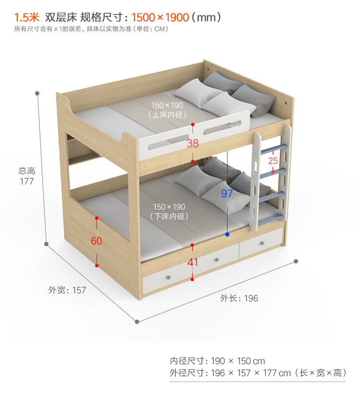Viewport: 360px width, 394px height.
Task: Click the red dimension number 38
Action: click(x=192, y=143)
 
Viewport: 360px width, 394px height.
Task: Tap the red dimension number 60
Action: click(x=96, y=241)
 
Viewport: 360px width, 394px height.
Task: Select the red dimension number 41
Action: click(x=192, y=262)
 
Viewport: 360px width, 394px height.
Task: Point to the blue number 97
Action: click(x=227, y=194)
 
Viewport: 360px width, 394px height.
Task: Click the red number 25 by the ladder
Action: click(x=273, y=160)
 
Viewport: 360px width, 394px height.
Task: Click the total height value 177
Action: click(x=27, y=181)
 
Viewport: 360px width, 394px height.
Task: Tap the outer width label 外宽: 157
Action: click(x=67, y=290)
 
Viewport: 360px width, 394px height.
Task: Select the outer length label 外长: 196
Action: click(x=239, y=298)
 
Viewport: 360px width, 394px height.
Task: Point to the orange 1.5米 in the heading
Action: click(x=26, y=18)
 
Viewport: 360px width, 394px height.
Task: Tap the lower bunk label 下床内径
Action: click(x=168, y=216)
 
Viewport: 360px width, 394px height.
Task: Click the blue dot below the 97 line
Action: click(x=227, y=235)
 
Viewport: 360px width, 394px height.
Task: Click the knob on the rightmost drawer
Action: click(x=262, y=244)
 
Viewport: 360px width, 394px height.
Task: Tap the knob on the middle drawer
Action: click(x=216, y=260)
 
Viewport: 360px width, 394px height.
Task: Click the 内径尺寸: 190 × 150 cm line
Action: click(x=217, y=361)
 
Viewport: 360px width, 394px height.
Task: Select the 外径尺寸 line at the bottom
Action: click(x=258, y=373)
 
